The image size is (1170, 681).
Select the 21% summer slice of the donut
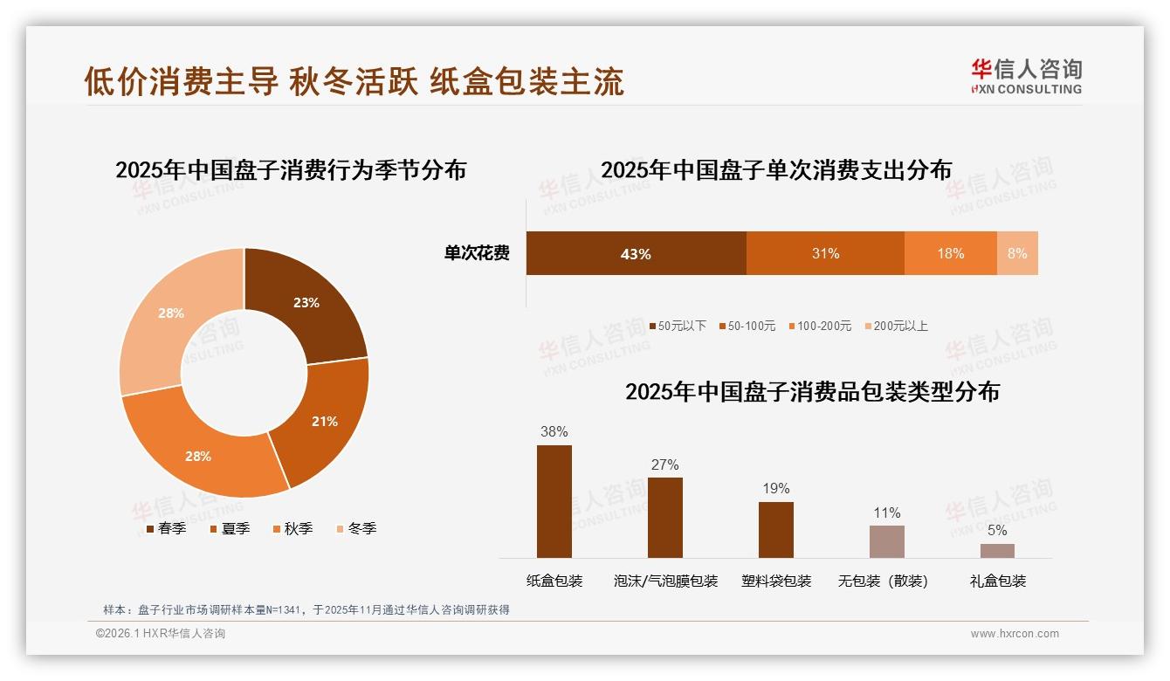tap(324, 421)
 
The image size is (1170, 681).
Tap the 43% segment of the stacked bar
tap(636, 253)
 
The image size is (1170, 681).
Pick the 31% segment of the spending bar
tap(825, 253)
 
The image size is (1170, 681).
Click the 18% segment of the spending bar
tap(950, 253)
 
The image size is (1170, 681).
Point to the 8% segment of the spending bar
tap(1017, 253)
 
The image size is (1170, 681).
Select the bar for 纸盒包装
tap(554, 501)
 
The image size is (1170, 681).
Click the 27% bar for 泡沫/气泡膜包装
tap(665, 517)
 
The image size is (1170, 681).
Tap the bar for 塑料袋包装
tap(776, 529)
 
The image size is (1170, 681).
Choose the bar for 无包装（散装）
tap(887, 541)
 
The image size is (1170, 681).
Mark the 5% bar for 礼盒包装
tap(997, 550)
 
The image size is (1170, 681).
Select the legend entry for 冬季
tap(356, 528)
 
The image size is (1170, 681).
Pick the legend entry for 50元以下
tap(678, 326)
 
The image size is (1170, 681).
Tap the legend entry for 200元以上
tap(896, 326)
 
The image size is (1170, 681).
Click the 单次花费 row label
tap(477, 253)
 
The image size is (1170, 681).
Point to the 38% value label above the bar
tap(554, 431)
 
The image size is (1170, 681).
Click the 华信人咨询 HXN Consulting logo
tap(1026, 76)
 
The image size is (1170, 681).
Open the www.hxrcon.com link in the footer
tap(1015, 634)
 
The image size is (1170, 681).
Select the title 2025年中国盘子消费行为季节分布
tap(291, 169)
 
